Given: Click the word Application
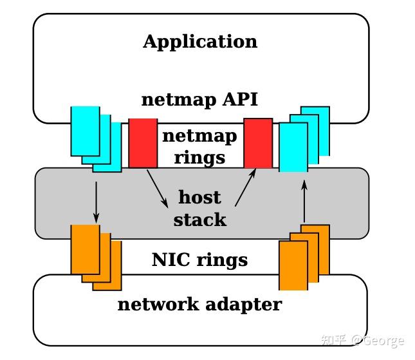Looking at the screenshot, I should (200, 42).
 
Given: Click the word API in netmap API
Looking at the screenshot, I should (239, 100).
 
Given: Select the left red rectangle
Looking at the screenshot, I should (143, 142).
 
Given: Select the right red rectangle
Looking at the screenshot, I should (257, 142).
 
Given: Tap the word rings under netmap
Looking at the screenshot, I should (199, 157).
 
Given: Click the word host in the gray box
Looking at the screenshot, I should (199, 197).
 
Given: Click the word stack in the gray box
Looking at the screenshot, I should (200, 220).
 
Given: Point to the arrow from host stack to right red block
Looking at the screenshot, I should (244, 188).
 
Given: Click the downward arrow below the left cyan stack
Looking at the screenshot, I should (96, 202).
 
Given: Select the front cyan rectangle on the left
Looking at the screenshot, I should (85, 131).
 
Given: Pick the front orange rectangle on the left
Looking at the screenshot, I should (84, 249).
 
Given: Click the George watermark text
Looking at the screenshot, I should (383, 341).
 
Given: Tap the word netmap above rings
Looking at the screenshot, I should (199, 137).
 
